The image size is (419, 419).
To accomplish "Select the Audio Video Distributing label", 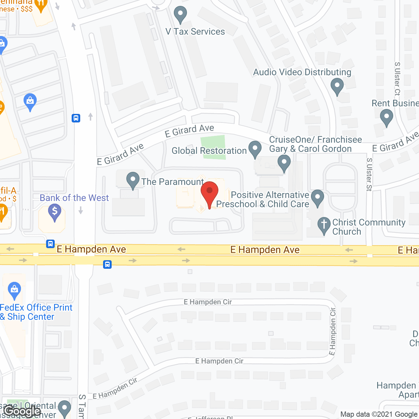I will (302, 72).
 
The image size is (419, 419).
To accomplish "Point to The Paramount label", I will (173, 182).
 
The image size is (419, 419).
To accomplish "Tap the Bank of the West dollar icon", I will (55, 211).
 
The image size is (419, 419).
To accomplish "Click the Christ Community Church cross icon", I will (324, 225).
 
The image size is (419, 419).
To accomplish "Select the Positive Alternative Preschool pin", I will (317, 197).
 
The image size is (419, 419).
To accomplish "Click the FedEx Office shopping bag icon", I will (14, 290).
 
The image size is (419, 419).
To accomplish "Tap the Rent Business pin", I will (387, 117).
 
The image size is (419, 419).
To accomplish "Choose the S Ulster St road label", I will (369, 174).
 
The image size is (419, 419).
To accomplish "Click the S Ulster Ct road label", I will (397, 79).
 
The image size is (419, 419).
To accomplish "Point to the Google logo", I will (23, 411).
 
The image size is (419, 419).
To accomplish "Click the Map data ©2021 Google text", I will (379, 414).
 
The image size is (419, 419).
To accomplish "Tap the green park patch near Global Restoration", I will (213, 147).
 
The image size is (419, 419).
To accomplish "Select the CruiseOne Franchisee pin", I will (284, 162).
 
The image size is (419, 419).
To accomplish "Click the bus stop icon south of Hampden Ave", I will (107, 264).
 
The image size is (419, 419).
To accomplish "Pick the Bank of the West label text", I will (74, 198).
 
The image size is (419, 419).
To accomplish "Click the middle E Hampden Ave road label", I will (265, 250).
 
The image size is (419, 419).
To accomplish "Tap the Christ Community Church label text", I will (369, 227).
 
